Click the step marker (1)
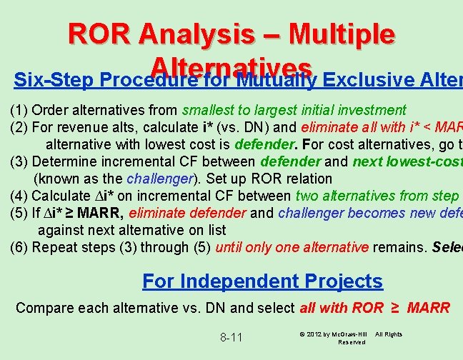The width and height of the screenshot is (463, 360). (19, 110)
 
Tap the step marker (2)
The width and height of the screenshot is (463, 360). (19, 127)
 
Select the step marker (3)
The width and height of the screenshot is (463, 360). (19, 161)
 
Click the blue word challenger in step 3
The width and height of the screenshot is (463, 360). (160, 179)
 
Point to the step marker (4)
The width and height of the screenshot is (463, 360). (19, 196)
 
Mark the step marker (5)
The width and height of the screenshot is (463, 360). (19, 213)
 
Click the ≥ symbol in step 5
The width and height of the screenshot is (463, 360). (69, 213)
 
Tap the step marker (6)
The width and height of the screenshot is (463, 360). (19, 247)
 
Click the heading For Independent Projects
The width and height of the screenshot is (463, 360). (262, 281)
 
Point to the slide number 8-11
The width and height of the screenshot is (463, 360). (231, 336)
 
